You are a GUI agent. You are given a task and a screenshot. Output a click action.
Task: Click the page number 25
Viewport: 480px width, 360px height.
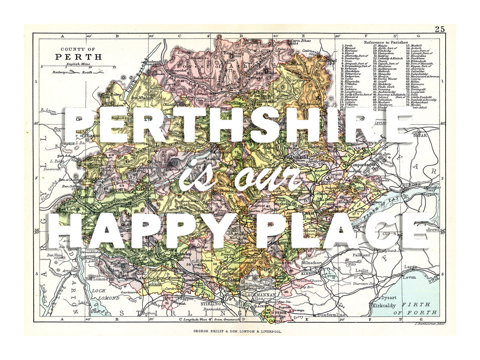(x=440, y=29)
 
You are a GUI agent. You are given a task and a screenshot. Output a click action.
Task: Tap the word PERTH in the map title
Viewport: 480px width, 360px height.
(x=78, y=57)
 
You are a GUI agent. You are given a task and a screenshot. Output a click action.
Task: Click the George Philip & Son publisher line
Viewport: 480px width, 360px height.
(x=238, y=332)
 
